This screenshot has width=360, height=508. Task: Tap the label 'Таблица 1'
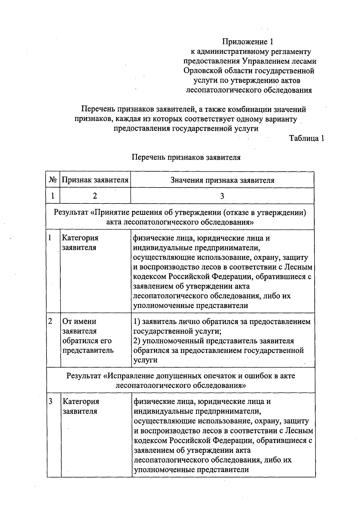coord(307,138)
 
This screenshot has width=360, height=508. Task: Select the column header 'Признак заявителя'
coord(95,180)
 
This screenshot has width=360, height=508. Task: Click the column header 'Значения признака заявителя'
coord(222,180)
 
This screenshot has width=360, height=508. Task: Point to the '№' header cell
coord(53,180)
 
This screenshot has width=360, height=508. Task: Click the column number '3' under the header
coord(222,196)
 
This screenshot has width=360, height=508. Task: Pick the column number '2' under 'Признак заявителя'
coord(95,196)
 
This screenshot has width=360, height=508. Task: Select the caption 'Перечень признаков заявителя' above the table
coord(186,157)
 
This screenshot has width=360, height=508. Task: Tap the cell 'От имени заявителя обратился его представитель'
coord(88,336)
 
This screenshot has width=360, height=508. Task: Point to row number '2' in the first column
coord(50,321)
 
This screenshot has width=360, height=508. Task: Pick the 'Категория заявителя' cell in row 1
coord(80,243)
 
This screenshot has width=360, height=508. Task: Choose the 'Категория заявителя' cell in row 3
coord(80,406)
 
